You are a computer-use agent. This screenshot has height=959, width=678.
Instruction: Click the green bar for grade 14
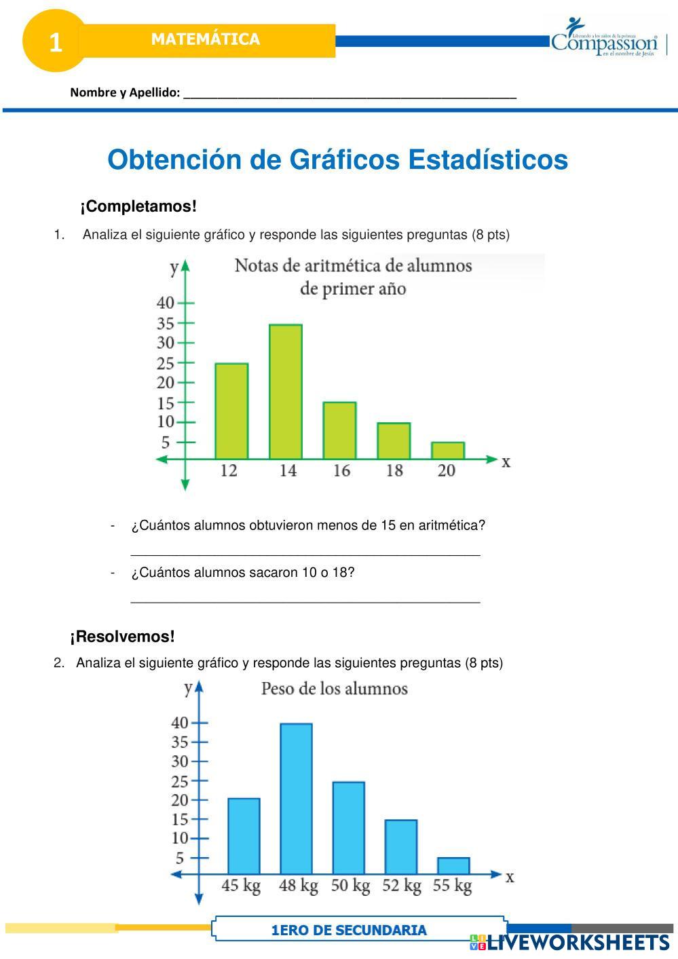tap(286, 392)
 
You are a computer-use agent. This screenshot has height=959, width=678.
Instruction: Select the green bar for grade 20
tap(448, 451)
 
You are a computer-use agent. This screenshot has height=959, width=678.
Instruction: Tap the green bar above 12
tap(231, 411)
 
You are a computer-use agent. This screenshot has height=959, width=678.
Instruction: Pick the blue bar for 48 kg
tap(297, 798)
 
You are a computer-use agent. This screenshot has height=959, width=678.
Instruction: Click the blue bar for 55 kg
tap(453, 866)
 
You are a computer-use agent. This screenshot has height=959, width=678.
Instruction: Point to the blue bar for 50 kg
tap(349, 827)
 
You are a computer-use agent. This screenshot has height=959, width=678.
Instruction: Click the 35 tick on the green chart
tap(166, 323)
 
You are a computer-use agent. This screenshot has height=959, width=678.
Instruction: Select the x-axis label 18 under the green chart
tap(394, 470)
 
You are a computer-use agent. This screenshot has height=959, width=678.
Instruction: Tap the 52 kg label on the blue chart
tap(401, 886)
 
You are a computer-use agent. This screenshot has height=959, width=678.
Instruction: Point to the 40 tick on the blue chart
tap(180, 723)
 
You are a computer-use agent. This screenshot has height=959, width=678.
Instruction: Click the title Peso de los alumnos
tap(335, 689)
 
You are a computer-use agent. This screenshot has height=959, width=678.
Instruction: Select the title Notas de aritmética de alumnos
tap(353, 265)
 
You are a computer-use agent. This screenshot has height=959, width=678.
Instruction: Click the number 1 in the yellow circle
tap(56, 43)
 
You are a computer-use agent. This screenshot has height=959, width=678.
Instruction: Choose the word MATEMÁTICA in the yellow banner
tap(206, 39)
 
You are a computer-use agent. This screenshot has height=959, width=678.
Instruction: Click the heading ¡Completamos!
tap(138, 206)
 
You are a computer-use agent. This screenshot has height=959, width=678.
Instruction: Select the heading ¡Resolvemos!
tap(122, 637)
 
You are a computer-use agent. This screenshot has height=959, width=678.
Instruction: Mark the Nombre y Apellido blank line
tap(350, 94)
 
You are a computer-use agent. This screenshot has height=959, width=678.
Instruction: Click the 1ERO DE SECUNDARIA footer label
tap(349, 930)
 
